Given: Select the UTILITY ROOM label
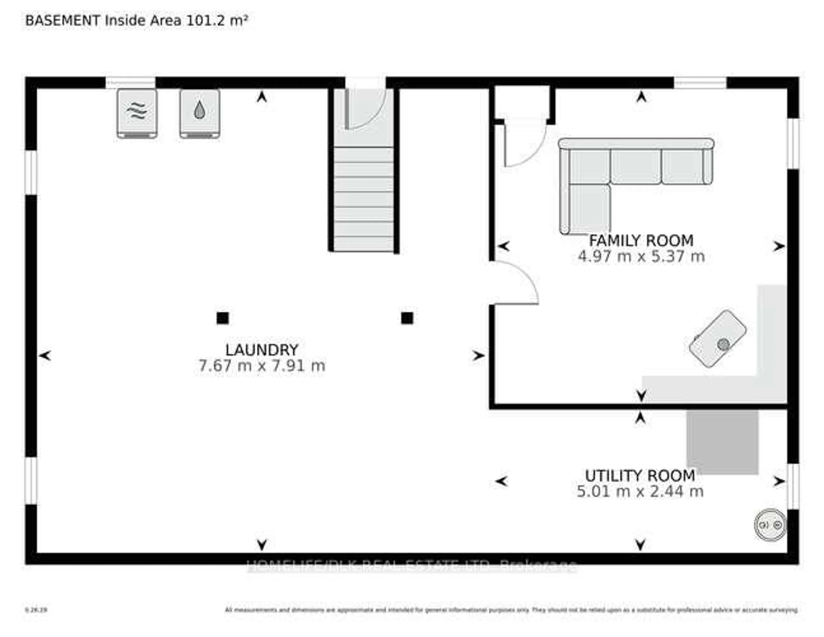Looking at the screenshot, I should coord(640,475).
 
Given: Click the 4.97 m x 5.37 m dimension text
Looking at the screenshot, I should coord(641,257).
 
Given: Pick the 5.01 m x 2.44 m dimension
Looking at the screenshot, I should coord(640,491).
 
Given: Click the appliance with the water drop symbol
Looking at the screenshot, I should coord(200,113).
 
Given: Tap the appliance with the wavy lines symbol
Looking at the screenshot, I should coord(137,113).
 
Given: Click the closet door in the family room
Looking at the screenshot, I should coord(524,143).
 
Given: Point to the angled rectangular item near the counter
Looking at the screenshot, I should coord(717,338).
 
